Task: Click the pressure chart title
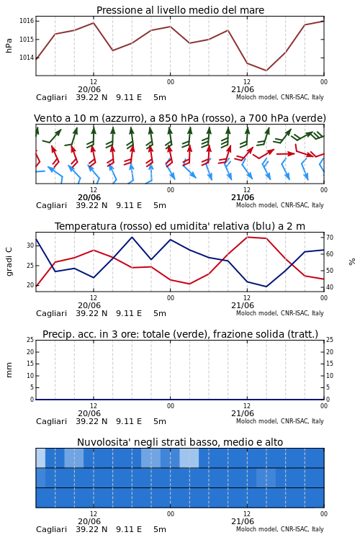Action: (x=180, y=10)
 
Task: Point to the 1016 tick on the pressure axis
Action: (x=27, y=21)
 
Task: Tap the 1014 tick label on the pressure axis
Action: (x=27, y=58)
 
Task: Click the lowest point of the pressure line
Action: (x=266, y=71)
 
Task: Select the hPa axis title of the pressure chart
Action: (x=9, y=45)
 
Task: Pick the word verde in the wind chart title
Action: (x=307, y=119)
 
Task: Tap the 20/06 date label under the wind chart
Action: (x=89, y=198)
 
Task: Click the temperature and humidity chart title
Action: (x=180, y=226)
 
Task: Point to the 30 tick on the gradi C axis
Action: (x=31, y=246)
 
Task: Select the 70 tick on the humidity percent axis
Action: (x=330, y=238)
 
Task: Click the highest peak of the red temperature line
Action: (x=247, y=237)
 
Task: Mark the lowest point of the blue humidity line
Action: (x=266, y=287)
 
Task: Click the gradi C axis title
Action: (x=9, y=262)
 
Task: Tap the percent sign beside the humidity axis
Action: (x=352, y=262)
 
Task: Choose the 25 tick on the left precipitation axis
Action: (x=31, y=340)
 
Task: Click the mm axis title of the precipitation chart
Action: (x=9, y=370)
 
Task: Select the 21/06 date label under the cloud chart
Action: (x=243, y=521)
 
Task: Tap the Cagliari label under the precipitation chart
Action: (x=51, y=421)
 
